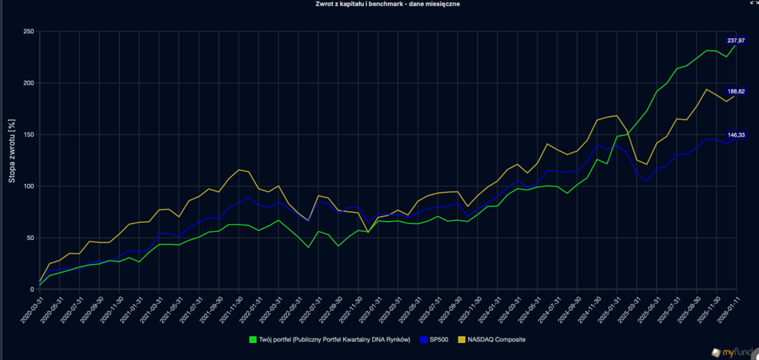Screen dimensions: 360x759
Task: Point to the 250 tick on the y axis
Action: [x=29, y=32]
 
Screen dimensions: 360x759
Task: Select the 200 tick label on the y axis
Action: [x=29, y=83]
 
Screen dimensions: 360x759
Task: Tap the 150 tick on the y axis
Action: [x=29, y=134]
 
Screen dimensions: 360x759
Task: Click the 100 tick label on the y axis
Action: [x=29, y=186]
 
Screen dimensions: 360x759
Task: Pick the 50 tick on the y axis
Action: [x=31, y=238]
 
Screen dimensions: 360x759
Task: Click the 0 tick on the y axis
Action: [x=33, y=289]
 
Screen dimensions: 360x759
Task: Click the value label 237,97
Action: [x=736, y=41]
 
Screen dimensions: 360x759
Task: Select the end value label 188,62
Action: [x=736, y=92]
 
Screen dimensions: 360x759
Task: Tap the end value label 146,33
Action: [x=736, y=135]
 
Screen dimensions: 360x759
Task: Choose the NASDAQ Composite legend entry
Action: [x=496, y=340]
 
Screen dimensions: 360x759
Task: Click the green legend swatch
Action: [x=253, y=340]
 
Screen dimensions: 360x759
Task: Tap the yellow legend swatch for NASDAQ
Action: [x=462, y=340]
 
